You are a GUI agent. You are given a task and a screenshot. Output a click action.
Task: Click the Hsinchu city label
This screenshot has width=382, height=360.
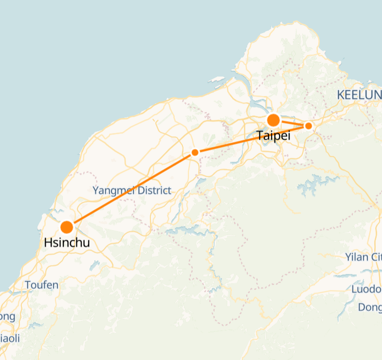(x=67, y=243)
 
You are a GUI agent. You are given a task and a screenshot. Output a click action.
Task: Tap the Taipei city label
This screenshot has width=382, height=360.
(x=273, y=135)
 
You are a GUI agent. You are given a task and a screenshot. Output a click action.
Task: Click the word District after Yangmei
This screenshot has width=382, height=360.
(x=151, y=190)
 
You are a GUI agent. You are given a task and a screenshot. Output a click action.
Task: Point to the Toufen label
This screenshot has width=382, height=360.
(x=41, y=285)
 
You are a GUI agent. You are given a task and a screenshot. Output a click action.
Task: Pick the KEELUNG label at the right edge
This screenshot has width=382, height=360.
(x=359, y=95)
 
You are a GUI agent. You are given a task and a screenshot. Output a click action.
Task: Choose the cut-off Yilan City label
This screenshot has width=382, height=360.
(x=363, y=257)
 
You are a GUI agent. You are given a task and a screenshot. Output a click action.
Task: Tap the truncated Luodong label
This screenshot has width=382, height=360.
(x=366, y=289)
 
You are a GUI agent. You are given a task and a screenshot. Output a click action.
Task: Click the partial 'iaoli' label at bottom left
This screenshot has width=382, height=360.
(x=9, y=338)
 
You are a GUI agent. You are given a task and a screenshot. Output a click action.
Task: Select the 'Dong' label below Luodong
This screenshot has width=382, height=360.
(x=369, y=307)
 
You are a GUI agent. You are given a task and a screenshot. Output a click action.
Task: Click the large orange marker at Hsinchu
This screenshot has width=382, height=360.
(x=67, y=227)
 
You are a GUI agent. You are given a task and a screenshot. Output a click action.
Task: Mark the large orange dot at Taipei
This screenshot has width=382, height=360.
(x=273, y=120)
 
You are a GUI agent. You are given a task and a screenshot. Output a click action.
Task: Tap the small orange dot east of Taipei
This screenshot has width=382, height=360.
(x=308, y=126)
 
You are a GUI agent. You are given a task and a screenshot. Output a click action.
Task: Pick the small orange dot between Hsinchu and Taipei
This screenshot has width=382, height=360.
(x=195, y=152)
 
